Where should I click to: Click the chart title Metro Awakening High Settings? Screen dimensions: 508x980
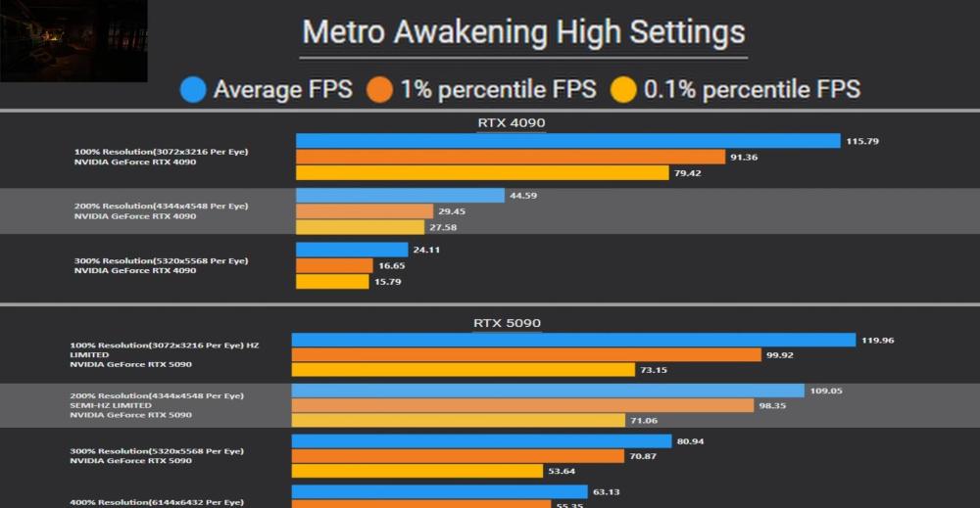(523, 32)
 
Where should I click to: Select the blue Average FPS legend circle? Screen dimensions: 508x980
(193, 90)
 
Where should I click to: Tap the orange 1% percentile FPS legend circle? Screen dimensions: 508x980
(380, 90)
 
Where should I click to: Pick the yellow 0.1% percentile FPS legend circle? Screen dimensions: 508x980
(623, 90)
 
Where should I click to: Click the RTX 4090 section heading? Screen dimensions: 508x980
(511, 123)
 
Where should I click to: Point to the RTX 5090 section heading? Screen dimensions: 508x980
(507, 323)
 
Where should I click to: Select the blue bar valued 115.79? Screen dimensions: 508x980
(567, 141)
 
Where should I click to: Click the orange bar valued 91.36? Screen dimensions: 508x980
(510, 157)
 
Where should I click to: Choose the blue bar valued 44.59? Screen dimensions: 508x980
(400, 196)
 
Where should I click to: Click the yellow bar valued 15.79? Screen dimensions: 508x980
(333, 282)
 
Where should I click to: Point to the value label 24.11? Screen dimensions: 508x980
(426, 250)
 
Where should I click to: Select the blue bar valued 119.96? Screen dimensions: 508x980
(573, 341)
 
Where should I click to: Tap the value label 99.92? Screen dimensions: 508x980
(780, 355)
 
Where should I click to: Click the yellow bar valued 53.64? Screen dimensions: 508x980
(416, 471)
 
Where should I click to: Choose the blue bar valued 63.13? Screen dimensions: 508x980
(439, 491)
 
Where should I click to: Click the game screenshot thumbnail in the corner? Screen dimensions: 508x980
(73, 41)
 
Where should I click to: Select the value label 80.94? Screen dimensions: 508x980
(690, 441)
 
